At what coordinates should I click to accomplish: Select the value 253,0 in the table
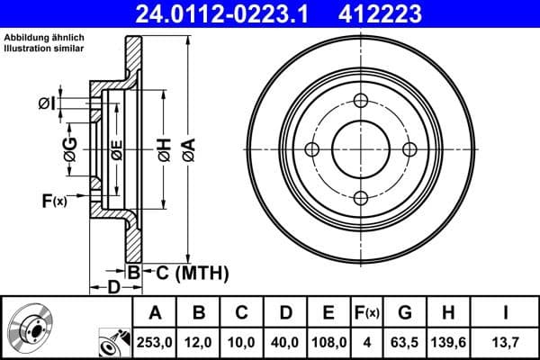click(x=154, y=342)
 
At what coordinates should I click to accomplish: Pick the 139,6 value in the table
click(x=447, y=342)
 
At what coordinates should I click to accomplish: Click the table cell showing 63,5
click(x=404, y=342)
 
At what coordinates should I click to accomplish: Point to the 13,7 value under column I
click(x=505, y=342)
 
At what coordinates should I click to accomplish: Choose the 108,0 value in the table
click(x=328, y=342)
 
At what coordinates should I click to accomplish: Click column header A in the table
click(x=154, y=313)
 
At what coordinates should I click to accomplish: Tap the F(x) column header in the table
click(x=366, y=313)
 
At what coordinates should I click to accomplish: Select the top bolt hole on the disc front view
click(x=361, y=101)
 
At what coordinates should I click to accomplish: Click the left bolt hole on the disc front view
click(x=312, y=149)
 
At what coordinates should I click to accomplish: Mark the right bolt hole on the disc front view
click(x=409, y=149)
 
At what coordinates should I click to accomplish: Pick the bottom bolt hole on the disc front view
click(x=361, y=198)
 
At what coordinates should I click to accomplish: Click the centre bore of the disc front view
click(x=361, y=149)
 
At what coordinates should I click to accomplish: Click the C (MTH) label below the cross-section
click(x=187, y=272)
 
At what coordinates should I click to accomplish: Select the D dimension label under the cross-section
click(x=113, y=288)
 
